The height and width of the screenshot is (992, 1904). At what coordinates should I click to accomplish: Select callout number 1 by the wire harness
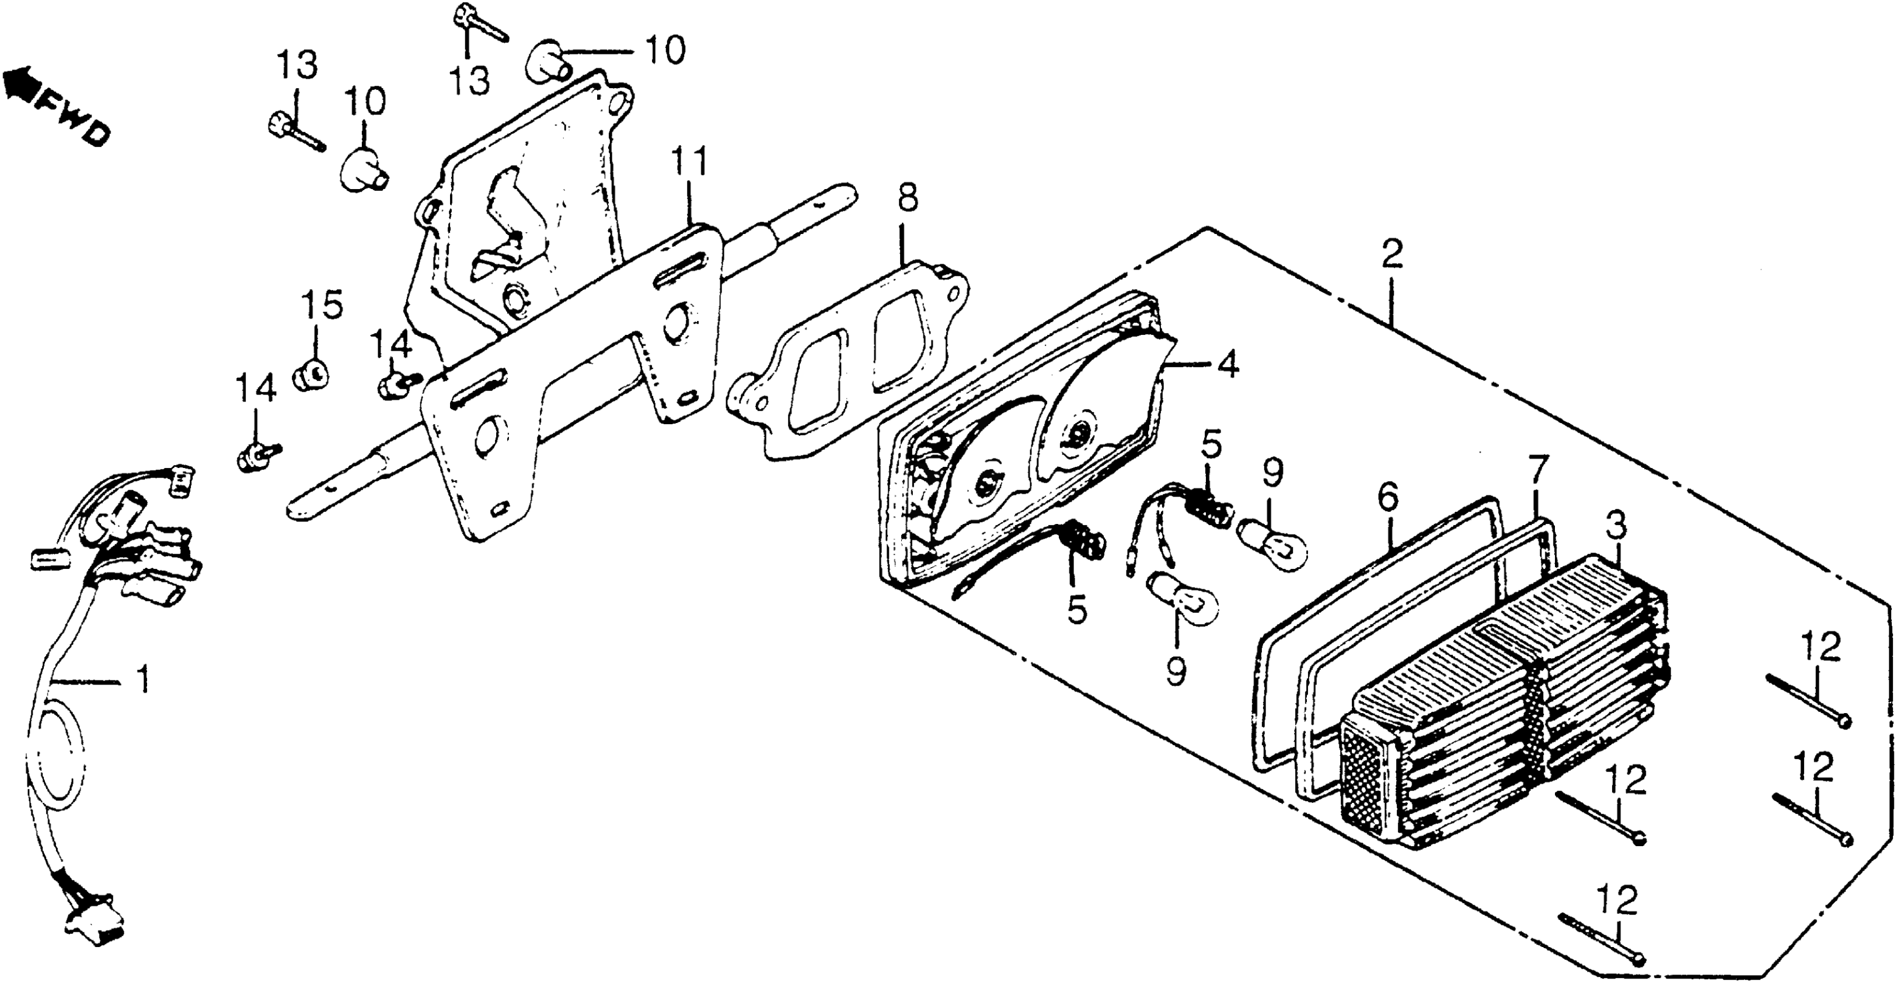tap(144, 679)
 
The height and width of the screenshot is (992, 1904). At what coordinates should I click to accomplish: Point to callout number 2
tap(1391, 255)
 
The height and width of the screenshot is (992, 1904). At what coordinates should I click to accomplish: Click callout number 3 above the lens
tap(1616, 526)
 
